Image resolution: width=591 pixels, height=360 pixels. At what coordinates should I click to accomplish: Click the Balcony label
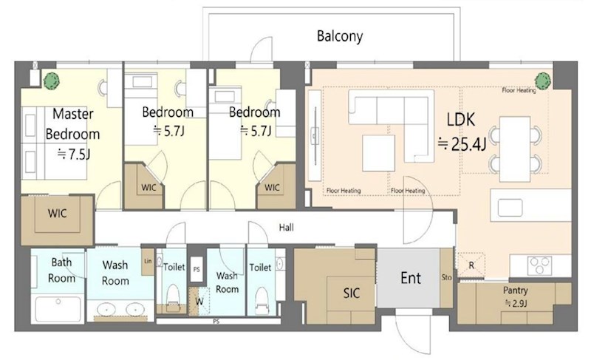(x=340, y=36)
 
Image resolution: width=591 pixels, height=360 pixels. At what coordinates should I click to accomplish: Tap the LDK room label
(x=460, y=120)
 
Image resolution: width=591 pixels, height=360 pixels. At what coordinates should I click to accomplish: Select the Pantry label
(x=515, y=291)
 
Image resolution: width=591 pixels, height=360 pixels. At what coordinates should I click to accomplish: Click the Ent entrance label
(x=411, y=278)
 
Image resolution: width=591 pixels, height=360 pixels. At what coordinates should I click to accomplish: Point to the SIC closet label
(x=352, y=293)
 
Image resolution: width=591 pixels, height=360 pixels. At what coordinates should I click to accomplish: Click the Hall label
(x=287, y=227)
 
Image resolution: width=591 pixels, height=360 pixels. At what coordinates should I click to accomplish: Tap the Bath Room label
(x=61, y=271)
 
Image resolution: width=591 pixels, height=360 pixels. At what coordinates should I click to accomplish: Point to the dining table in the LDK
(x=515, y=149)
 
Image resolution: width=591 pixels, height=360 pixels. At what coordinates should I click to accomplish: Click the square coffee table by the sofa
(x=378, y=153)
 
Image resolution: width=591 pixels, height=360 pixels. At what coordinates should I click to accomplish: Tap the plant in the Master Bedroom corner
(x=51, y=81)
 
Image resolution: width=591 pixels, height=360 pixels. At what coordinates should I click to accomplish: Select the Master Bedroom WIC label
(x=58, y=214)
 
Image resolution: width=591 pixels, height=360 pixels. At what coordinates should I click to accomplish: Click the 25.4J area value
(x=462, y=144)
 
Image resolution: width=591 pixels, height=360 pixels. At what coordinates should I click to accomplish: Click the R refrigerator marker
(x=471, y=265)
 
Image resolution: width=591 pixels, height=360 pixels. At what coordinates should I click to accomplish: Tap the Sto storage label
(x=446, y=277)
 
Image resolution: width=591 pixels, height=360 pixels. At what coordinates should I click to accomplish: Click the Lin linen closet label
(x=148, y=261)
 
